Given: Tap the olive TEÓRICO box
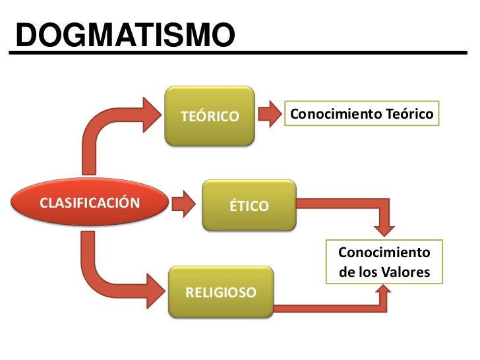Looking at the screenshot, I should coord(210,116).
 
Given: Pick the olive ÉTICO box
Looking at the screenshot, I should coord(249,206).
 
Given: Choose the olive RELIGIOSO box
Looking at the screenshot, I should coord(220,292).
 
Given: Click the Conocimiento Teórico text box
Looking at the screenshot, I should coord(362,115).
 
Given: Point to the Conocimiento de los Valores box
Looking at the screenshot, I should coord(384,262).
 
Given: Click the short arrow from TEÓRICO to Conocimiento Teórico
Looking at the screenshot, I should coord(269,115).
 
